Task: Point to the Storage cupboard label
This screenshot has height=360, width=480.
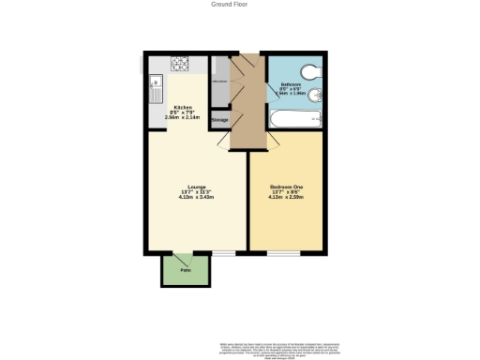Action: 219,120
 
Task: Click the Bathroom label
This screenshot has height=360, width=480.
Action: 290,85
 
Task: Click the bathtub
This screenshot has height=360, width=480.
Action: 296,120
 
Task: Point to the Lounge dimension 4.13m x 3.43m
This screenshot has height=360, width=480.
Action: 197,198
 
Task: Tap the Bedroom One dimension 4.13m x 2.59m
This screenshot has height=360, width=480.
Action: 288,198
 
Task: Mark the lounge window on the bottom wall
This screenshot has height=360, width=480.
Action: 225,253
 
